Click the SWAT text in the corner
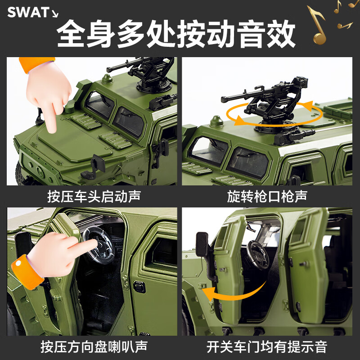click(27, 12)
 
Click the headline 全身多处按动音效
click(176, 33)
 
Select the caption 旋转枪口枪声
click(267, 196)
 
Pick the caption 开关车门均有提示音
click(267, 347)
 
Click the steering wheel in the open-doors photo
click(258, 254)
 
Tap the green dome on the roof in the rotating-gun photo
click(216, 121)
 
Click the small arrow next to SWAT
click(55, 13)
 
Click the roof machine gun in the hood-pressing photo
click(144, 72)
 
